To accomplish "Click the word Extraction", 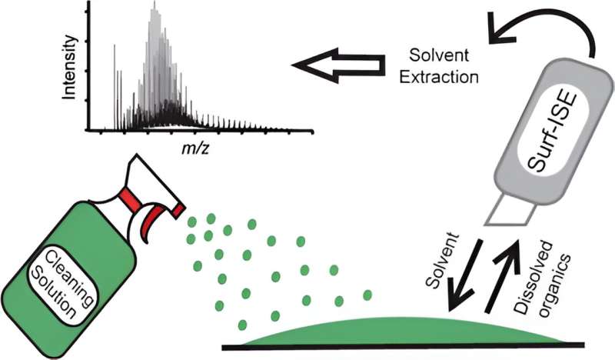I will point(444,77).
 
